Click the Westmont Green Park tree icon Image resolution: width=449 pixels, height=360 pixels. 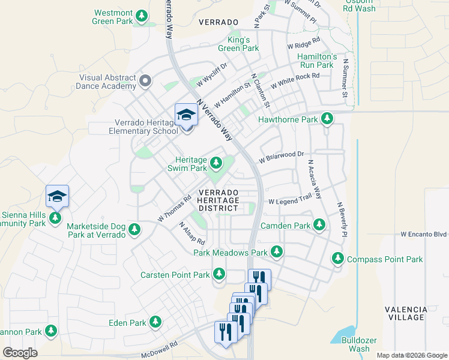(142, 16)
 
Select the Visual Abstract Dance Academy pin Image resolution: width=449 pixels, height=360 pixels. (145, 80)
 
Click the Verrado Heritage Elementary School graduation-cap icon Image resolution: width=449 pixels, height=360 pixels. (186, 114)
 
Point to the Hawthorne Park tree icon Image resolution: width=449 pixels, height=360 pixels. (327, 119)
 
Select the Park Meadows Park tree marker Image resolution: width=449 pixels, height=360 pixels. (277, 252)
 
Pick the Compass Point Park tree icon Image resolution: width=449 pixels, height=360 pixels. (338, 259)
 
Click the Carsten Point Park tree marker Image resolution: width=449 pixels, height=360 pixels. (219, 274)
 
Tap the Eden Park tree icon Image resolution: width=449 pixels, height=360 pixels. (156, 322)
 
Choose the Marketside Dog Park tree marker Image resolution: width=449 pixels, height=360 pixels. (135, 229)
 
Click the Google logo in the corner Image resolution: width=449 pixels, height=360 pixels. (20, 353)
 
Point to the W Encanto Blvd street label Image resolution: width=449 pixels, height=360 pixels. (424, 234)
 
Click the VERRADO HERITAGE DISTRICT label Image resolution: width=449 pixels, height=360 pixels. (218, 200)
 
